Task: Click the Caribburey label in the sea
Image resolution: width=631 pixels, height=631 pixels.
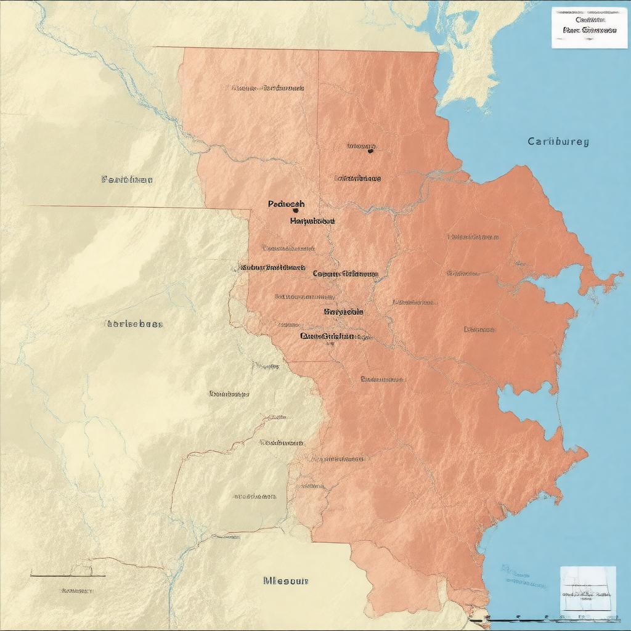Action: pyautogui.click(x=558, y=141)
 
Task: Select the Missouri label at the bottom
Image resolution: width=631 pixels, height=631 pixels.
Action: pyautogui.click(x=285, y=580)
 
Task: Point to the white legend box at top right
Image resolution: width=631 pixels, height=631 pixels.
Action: pyautogui.click(x=580, y=27)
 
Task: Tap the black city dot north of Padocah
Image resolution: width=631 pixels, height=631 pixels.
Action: pyautogui.click(x=370, y=150)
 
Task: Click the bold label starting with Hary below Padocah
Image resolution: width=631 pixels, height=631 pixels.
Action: pyautogui.click(x=312, y=220)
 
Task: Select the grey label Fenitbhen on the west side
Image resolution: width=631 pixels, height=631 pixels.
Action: pyautogui.click(x=126, y=180)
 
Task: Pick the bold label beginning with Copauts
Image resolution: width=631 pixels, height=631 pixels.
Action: pyautogui.click(x=345, y=273)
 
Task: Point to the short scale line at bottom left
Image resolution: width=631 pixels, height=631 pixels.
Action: pyautogui.click(x=68, y=576)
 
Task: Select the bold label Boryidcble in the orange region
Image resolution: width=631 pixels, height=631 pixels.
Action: pyautogui.click(x=343, y=312)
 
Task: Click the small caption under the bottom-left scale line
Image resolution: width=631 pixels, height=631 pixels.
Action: pyautogui.click(x=77, y=590)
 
